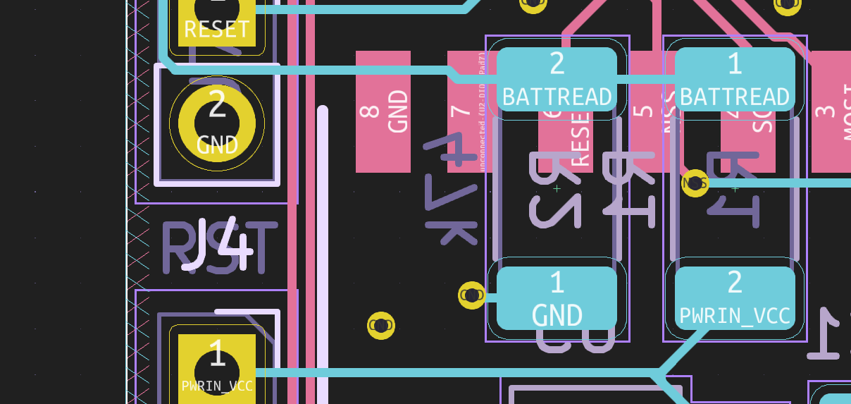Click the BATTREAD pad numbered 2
(x=557, y=79)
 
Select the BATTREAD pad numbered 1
(x=735, y=79)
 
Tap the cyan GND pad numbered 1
(x=557, y=298)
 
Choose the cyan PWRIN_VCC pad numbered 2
(x=735, y=298)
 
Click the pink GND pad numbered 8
(x=383, y=111)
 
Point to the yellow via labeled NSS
(x=695, y=183)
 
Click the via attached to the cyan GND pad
(x=471, y=295)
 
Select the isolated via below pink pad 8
(x=381, y=326)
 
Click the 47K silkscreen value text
(x=452, y=191)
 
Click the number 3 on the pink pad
(x=821, y=111)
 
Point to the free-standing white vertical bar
(x=323, y=254)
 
